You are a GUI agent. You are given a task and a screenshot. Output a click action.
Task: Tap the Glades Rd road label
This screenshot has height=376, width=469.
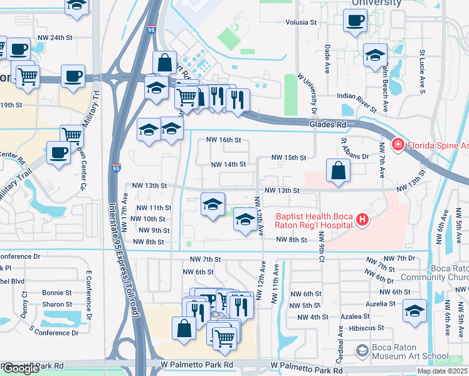328,125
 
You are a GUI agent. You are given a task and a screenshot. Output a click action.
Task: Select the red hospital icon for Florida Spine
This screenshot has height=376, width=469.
398,145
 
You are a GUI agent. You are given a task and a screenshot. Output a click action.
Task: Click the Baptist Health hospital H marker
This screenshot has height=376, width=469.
361,219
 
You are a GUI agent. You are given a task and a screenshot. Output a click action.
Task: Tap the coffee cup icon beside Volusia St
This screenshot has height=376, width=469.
355,20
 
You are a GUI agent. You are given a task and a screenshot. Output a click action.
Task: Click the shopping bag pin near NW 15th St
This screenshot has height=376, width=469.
338,170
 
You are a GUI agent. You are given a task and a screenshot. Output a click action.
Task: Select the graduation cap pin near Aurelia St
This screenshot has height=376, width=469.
415,311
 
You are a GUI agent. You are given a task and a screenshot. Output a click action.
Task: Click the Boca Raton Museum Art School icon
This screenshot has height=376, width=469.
362,350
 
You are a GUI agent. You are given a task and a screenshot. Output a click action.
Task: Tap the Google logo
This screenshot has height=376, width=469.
21,368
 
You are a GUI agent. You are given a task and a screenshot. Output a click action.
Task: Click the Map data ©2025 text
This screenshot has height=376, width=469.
442,371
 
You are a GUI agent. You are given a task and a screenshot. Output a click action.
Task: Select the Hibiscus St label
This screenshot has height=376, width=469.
367,328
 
